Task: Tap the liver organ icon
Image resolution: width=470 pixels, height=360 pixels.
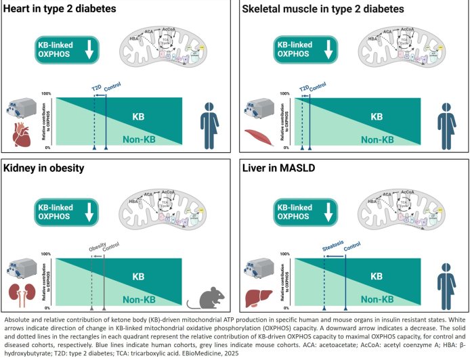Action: (x=255, y=295)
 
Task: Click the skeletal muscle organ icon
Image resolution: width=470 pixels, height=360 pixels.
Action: (x=255, y=136)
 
